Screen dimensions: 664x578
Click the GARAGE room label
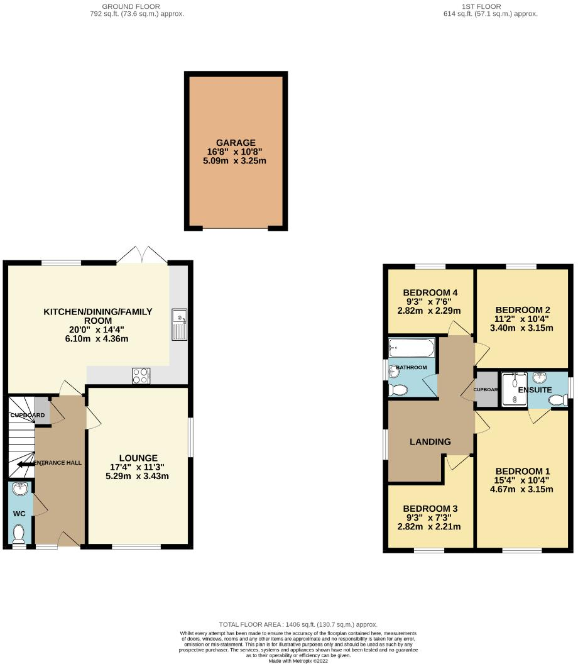click(x=236, y=143)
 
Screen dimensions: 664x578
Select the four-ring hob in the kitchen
click(x=141, y=376)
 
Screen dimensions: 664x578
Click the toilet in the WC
click(x=19, y=534)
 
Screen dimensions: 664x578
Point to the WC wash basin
click(x=19, y=489)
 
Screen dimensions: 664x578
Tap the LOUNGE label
click(x=139, y=458)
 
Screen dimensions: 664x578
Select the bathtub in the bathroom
click(x=412, y=347)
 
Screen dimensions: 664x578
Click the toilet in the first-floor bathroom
click(x=398, y=390)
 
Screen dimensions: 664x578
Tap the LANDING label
click(x=430, y=441)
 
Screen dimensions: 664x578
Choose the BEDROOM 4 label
click(x=430, y=292)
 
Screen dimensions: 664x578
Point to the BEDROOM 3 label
click(x=430, y=509)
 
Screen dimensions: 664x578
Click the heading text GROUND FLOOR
click(x=137, y=6)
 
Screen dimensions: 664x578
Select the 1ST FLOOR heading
click(x=490, y=6)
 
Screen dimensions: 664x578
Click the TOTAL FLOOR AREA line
click(x=298, y=624)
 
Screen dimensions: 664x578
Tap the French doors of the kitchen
click(x=143, y=255)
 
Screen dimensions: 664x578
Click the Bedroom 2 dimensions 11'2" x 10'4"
click(x=523, y=319)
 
